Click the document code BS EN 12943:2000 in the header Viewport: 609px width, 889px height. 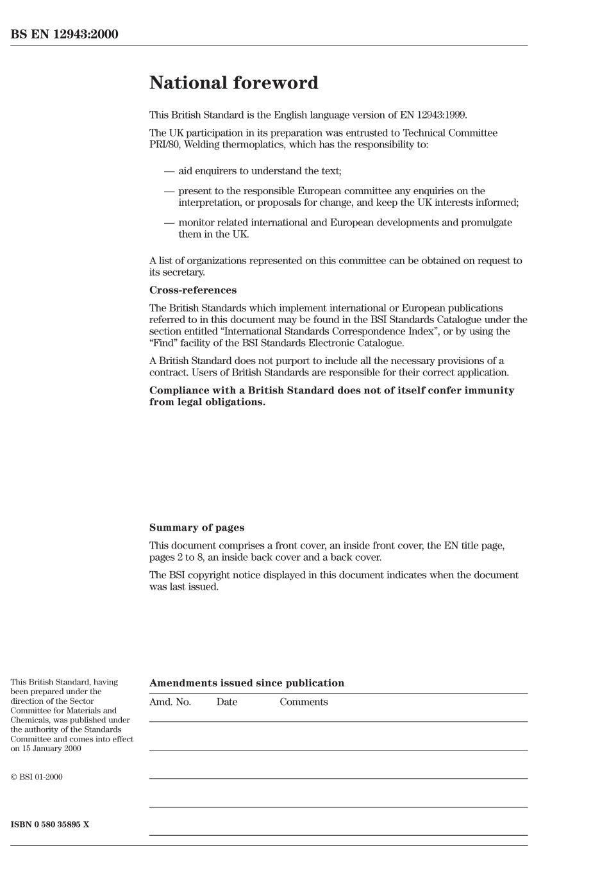coord(64,35)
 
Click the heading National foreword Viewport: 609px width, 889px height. coord(233,83)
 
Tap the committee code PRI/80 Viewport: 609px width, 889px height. coord(165,145)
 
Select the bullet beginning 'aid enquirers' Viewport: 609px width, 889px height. coord(259,171)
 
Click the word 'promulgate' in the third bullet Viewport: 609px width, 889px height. coord(487,222)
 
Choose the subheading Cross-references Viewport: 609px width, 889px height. coord(192,290)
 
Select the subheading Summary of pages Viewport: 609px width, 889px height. coord(196,528)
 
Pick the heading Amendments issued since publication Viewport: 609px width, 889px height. coord(246,683)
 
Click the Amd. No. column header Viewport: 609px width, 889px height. coord(170,702)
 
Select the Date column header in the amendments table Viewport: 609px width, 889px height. coord(226,702)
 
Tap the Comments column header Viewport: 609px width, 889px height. coord(303,702)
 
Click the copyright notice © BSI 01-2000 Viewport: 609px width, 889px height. coord(37,777)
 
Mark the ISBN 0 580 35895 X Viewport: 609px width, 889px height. coord(50,824)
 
